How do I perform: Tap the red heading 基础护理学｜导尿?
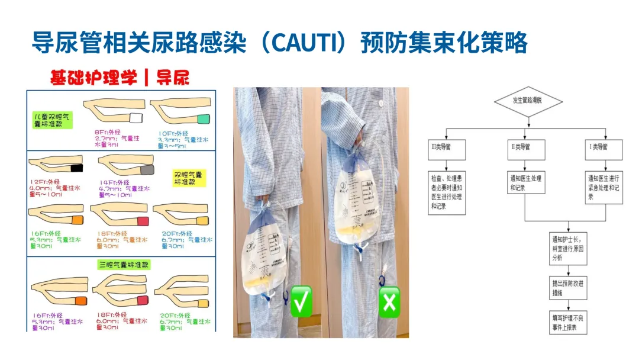pyautogui.click(x=120, y=77)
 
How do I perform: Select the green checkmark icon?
pyautogui.click(x=301, y=302)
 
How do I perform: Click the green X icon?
pyautogui.click(x=389, y=302)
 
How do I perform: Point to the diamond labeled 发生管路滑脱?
pyautogui.click(x=528, y=100)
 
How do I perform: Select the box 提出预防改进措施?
pyautogui.click(x=568, y=288)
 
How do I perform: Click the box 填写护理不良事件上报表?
pyautogui.click(x=568, y=322)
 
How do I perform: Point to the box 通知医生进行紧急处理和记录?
pyautogui.click(x=604, y=187)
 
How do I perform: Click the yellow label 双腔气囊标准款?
pyautogui.click(x=189, y=179)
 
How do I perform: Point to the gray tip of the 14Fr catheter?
pyautogui.click(x=147, y=171)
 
